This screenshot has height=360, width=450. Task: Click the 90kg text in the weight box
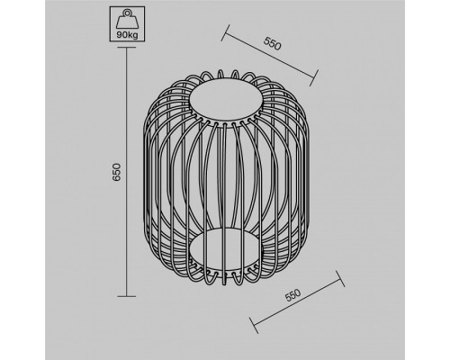click(x=127, y=35)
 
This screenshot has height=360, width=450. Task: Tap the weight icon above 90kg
click(x=127, y=20)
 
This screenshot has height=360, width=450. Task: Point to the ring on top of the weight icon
click(x=127, y=13)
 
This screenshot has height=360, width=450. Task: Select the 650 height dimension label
click(x=116, y=172)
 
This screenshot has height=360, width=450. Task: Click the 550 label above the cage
click(x=273, y=44)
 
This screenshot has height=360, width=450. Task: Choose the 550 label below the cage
click(x=292, y=295)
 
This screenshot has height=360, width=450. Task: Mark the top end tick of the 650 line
click(x=127, y=48)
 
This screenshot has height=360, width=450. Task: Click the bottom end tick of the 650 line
click(x=127, y=296)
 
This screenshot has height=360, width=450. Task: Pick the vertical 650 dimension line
click(x=127, y=172)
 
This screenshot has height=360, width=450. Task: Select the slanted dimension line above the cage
click(x=270, y=55)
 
